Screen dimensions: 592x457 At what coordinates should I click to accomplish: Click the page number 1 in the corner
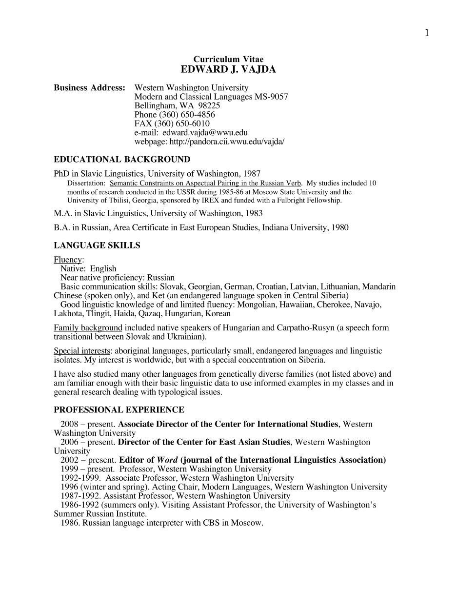click(x=427, y=33)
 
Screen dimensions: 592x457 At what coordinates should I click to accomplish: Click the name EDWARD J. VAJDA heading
click(x=228, y=70)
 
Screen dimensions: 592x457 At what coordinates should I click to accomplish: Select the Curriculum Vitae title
click(x=228, y=60)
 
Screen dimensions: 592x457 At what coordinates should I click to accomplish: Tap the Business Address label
click(x=89, y=88)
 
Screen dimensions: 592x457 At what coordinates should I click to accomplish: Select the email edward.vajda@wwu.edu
click(x=205, y=132)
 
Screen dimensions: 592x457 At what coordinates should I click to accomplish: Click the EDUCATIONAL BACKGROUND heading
click(x=122, y=160)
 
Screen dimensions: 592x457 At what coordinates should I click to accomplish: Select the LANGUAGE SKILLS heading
click(x=97, y=245)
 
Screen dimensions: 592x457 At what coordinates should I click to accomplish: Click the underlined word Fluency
click(x=68, y=260)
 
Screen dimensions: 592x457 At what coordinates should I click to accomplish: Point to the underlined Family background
click(x=88, y=327)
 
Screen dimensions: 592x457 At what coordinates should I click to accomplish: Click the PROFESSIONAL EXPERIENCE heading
click(x=119, y=410)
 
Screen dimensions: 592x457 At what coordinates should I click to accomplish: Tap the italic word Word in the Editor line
click(x=167, y=460)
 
